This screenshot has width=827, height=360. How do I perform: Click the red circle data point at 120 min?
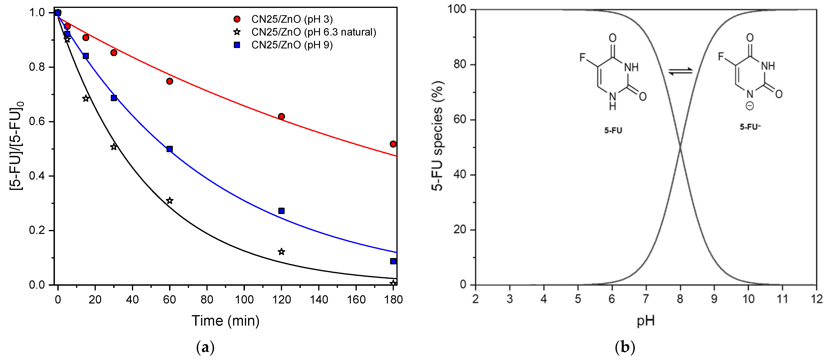(281, 116)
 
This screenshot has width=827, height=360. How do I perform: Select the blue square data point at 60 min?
(169, 149)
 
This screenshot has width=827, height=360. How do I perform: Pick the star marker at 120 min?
(281, 252)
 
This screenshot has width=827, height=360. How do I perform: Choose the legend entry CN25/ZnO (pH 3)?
(292, 19)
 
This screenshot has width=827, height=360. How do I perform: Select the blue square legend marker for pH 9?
(237, 45)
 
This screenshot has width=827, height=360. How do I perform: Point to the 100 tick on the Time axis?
(244, 300)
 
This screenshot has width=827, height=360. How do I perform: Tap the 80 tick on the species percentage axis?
(460, 65)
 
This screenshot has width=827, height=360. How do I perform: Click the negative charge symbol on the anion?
(750, 106)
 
